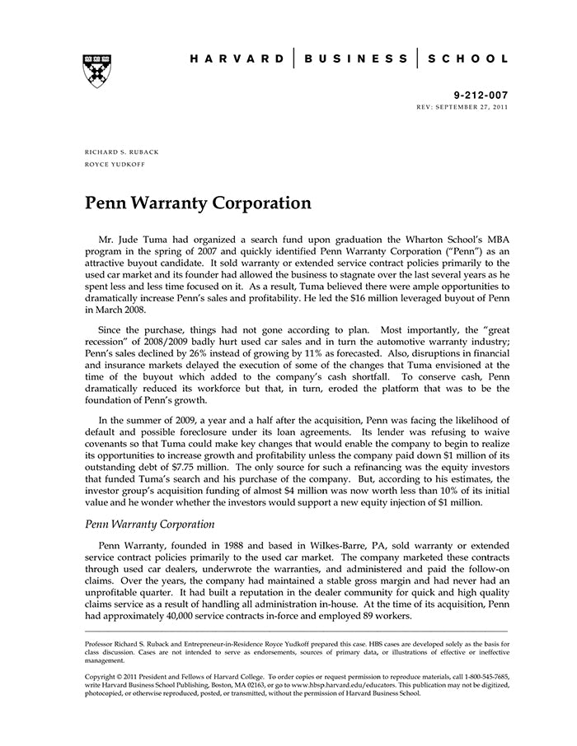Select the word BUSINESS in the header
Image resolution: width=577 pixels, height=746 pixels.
coord(355,59)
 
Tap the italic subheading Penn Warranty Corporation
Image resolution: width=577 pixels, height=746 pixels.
coord(150,524)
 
